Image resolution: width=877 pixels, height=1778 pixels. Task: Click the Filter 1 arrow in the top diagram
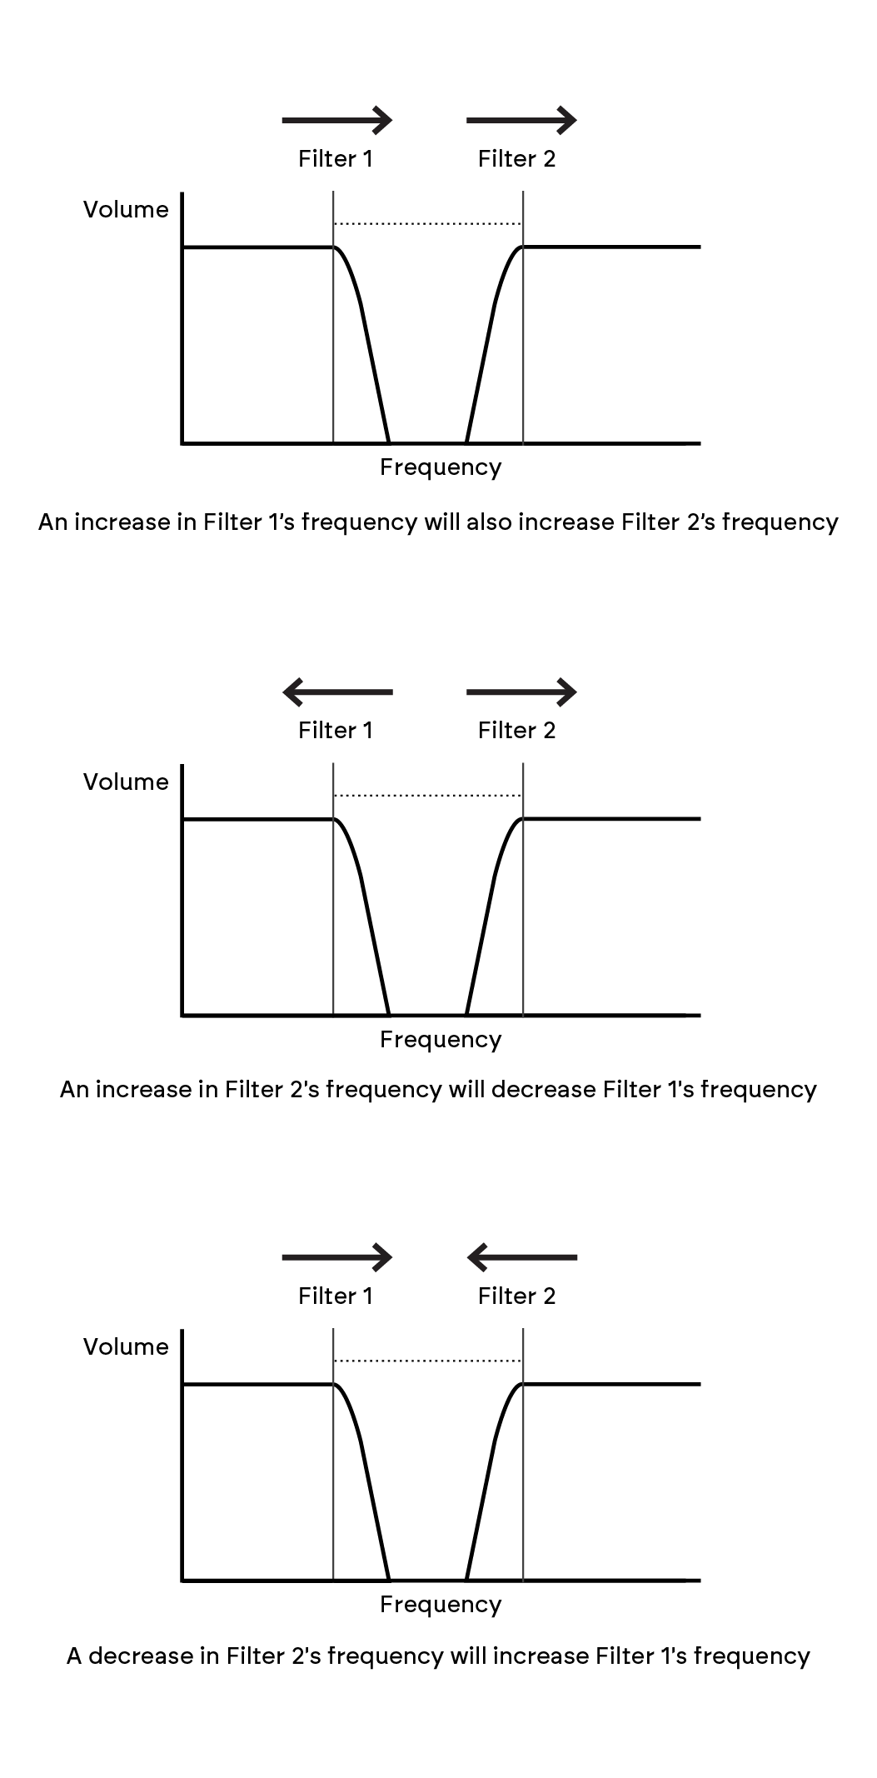coord(337,120)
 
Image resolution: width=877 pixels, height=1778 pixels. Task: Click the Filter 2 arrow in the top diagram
coord(521,120)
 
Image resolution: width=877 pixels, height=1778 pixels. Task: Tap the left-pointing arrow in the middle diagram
coord(337,692)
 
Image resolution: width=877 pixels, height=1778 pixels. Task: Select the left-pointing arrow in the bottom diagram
coord(521,1257)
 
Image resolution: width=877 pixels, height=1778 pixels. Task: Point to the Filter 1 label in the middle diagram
coord(336,731)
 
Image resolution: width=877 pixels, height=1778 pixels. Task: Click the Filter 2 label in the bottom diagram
coord(516,1296)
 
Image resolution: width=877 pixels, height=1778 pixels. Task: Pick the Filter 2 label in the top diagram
coord(516,159)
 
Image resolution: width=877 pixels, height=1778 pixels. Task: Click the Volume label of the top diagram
coord(126,209)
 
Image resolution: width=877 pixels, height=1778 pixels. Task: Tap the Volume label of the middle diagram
coord(126,782)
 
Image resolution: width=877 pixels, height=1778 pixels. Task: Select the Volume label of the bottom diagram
coord(126,1347)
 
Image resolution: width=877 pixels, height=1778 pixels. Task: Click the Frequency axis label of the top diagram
coord(441,467)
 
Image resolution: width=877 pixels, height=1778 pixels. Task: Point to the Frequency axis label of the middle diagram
coord(441,1040)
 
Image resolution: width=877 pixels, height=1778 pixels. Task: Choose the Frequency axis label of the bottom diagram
coord(441,1606)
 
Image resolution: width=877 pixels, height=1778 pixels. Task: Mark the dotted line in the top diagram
coord(427,223)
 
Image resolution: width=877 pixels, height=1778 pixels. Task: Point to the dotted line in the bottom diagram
coord(427,1361)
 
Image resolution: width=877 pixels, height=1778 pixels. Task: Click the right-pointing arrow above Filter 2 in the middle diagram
coord(521,692)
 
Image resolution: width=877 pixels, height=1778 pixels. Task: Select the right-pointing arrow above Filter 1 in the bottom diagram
coord(337,1257)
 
